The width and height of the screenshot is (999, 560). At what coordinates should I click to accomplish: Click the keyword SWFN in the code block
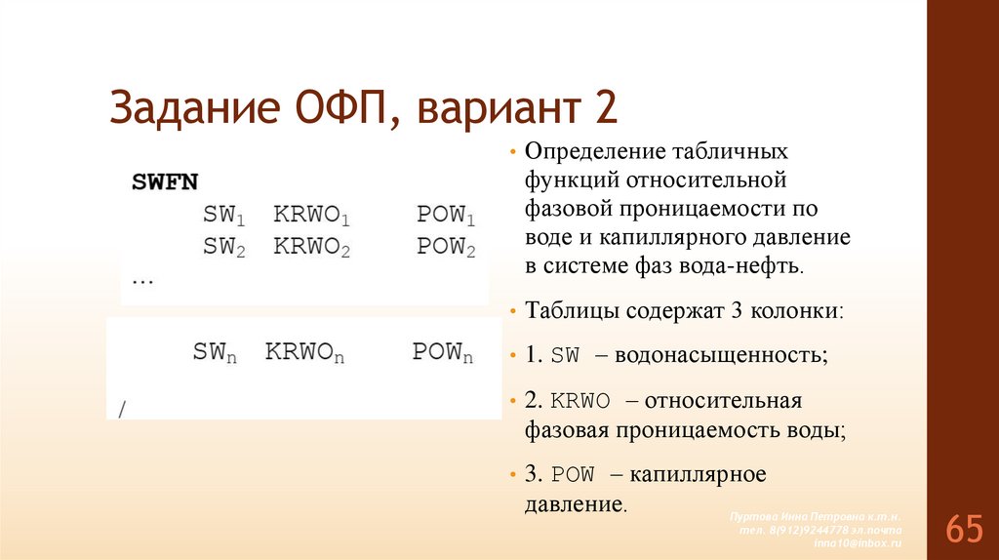tap(165, 181)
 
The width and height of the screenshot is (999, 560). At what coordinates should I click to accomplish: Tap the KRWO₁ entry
tap(311, 215)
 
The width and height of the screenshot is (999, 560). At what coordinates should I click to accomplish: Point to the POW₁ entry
tap(446, 215)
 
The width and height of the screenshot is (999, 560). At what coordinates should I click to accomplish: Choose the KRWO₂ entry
tap(311, 248)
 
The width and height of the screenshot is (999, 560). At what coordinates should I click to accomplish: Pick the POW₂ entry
tap(446, 248)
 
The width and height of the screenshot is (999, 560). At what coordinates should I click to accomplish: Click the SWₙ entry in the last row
tap(216, 353)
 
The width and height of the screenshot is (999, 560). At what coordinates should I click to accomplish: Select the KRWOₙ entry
tap(305, 353)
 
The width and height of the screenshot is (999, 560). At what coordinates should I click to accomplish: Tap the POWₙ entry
tap(442, 353)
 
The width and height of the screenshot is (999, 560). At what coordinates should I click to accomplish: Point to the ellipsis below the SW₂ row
tap(142, 279)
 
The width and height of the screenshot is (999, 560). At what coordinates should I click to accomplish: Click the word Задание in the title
tap(191, 107)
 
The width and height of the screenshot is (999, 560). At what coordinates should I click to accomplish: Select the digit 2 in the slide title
tap(607, 107)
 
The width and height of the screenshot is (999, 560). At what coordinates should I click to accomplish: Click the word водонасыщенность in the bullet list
tap(725, 355)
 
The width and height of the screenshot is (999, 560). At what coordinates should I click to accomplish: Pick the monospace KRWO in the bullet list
tap(580, 401)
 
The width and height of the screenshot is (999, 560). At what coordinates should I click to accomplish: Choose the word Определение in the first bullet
tap(594, 153)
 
